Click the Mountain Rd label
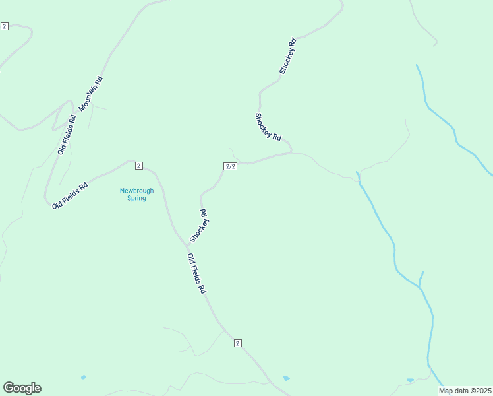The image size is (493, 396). click(x=91, y=94)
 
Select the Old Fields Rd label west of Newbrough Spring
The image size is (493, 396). click(x=71, y=196)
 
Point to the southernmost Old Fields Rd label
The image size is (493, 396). click(x=197, y=274)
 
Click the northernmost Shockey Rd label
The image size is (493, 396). click(x=287, y=55)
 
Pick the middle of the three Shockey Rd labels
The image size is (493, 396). click(x=268, y=127)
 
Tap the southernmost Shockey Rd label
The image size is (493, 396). click(x=198, y=226)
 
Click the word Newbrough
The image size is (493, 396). click(x=136, y=191)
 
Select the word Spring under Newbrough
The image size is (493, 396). click(x=136, y=198)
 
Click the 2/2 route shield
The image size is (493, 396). click(x=230, y=166)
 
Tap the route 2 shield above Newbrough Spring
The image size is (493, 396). click(x=138, y=165)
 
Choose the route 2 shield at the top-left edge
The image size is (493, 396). click(x=5, y=26)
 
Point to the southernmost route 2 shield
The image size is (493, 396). click(x=238, y=343)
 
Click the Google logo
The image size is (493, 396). click(x=22, y=388)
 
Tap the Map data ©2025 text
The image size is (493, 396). click(x=465, y=391)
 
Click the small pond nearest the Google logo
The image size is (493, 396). click(x=83, y=377)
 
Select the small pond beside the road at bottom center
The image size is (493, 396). click(x=286, y=378)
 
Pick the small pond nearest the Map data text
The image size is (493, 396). click(x=411, y=380)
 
